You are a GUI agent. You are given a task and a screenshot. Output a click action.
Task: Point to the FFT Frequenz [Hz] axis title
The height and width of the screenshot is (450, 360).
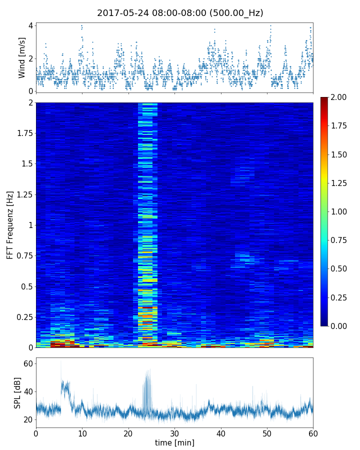10,225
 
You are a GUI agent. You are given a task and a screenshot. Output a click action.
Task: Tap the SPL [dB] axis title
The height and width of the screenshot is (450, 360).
18,392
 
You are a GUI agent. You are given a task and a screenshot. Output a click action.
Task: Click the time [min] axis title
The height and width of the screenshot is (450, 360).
174,442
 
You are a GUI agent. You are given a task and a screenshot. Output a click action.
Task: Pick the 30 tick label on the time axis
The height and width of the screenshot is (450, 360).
174,433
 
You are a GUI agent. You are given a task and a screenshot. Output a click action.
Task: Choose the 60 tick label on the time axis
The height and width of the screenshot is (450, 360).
313,433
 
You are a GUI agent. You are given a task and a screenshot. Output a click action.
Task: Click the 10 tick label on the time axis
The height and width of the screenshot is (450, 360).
82,433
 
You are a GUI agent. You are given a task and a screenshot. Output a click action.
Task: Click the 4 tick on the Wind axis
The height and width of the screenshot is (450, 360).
30,25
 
